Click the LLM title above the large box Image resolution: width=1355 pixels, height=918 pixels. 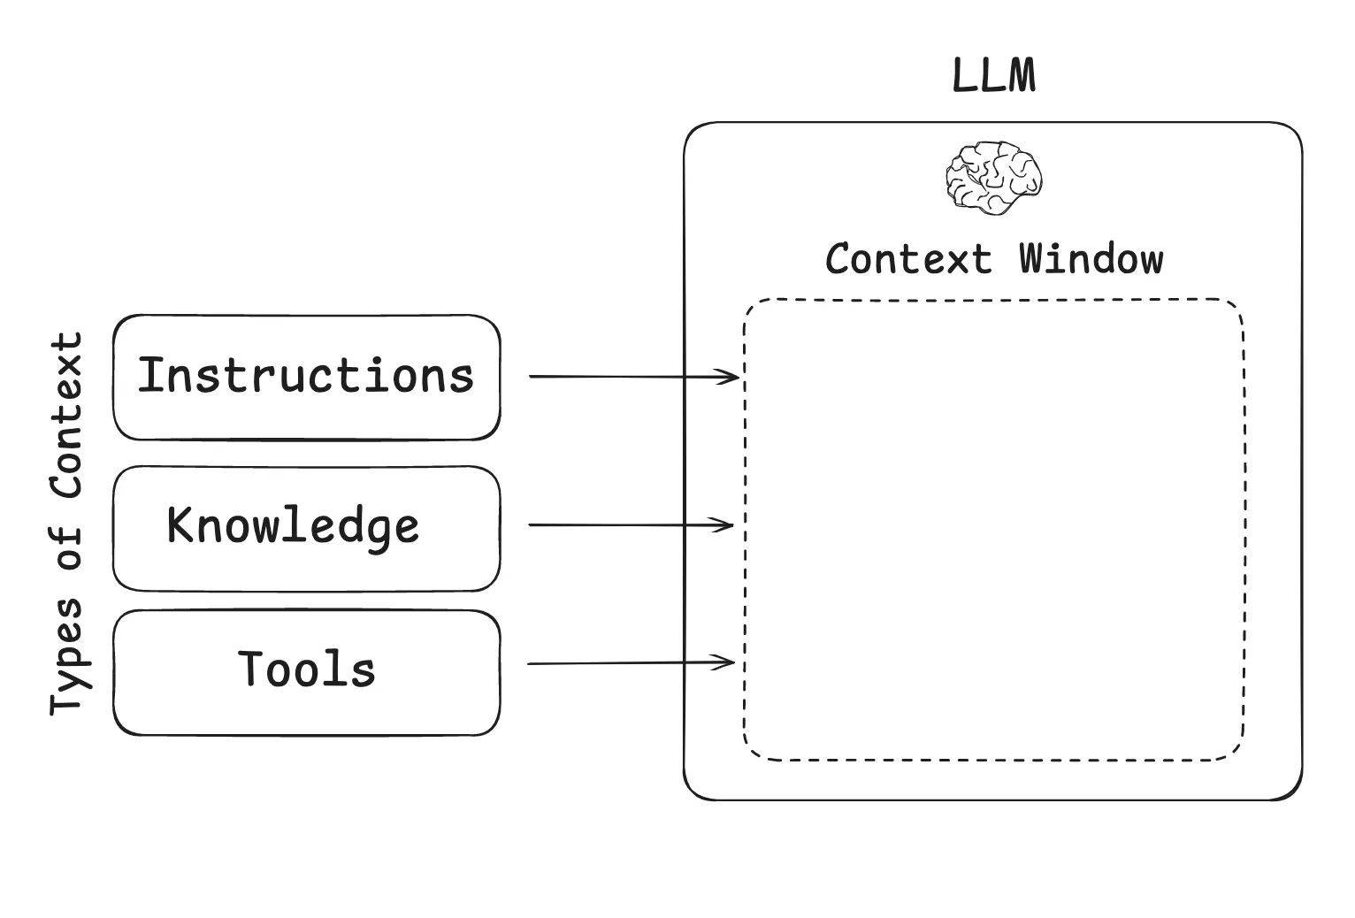point(993,76)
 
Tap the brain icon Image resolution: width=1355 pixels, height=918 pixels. point(993,177)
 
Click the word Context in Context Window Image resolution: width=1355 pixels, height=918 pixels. point(908,259)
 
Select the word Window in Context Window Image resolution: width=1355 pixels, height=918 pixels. point(1091,259)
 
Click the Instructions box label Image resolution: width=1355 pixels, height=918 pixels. point(305,376)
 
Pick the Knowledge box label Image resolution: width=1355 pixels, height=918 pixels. point(293,526)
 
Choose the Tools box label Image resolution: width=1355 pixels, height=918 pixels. point(307,669)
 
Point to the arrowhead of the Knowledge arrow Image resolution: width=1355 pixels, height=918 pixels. point(727,525)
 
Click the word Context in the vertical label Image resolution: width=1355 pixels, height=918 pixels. point(66,415)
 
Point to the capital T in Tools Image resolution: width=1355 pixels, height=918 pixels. point(253,669)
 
